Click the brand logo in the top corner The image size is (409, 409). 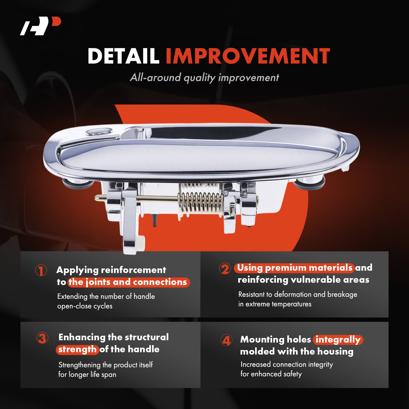point(40,26)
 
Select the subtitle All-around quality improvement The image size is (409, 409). point(204,77)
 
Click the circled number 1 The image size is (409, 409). point(41,270)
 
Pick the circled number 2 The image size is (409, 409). point(225,268)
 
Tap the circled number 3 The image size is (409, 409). point(42,338)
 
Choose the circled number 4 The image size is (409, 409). point(226,340)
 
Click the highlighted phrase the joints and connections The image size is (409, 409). point(129,282)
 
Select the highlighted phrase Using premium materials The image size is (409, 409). point(294,268)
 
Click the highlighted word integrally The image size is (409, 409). point(338,340)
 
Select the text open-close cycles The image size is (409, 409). point(85,306)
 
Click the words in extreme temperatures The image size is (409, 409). point(275,304)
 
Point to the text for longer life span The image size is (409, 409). point(87,374)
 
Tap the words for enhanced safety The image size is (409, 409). point(271,374)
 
